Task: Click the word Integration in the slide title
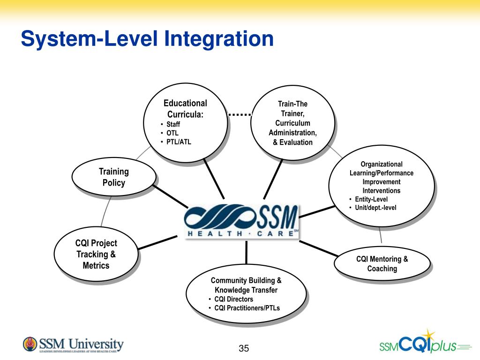click(x=219, y=38)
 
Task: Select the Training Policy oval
click(x=113, y=177)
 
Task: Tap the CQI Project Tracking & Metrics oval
click(x=96, y=255)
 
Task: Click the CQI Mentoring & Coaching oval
click(x=382, y=263)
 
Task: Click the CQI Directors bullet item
click(x=233, y=299)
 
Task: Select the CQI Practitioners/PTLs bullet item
click(x=247, y=308)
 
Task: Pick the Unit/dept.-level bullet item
click(x=375, y=208)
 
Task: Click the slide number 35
click(x=244, y=348)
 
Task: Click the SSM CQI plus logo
click(x=424, y=345)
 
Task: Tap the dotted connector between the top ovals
click(x=240, y=114)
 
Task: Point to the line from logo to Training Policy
click(x=171, y=196)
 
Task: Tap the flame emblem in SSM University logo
click(x=30, y=344)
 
